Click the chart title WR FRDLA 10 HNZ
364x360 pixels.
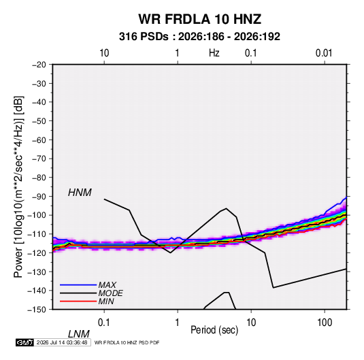[199, 19]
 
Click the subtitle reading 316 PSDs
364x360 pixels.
[144, 37]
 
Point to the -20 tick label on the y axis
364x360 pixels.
[39, 65]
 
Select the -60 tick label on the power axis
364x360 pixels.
[39, 140]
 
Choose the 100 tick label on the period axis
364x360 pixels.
[325, 323]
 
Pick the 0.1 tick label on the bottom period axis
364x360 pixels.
[103, 323]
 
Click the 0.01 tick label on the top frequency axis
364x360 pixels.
[324, 53]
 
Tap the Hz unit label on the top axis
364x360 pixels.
[214, 53]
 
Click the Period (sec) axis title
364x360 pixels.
[214, 330]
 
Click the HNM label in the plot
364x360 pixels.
[80, 193]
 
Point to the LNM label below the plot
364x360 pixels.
[79, 334]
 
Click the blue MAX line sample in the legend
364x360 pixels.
[78, 285]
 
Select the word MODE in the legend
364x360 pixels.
[110, 293]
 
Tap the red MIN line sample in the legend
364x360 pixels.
[78, 301]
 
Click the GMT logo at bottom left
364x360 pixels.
[25, 342]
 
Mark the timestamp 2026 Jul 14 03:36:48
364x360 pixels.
[62, 342]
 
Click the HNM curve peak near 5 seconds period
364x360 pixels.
[226, 208]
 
